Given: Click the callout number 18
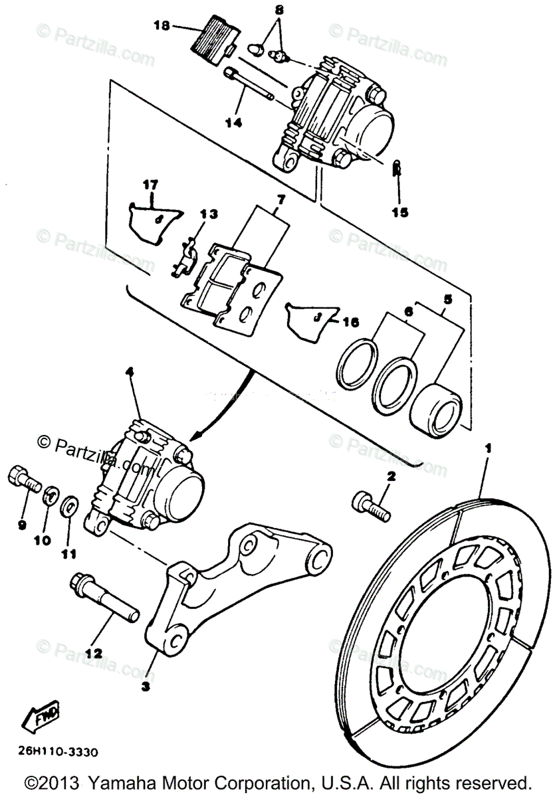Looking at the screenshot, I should click(x=162, y=26).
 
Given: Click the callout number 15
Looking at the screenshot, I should click(x=399, y=213).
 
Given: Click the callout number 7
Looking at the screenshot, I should click(x=280, y=199).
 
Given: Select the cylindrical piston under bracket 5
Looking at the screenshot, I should click(x=435, y=412).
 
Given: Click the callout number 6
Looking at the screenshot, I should click(x=408, y=311).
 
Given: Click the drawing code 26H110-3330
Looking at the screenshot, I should click(x=57, y=753).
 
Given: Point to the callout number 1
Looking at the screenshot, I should click(x=488, y=450).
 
